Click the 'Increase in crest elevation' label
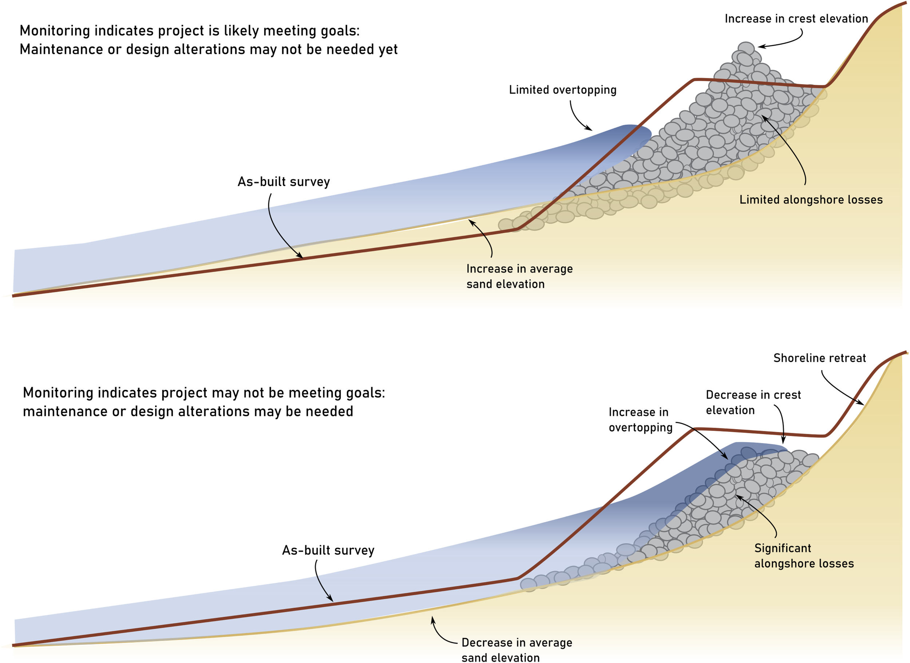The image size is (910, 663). click(796, 19)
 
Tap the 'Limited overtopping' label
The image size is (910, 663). click(562, 90)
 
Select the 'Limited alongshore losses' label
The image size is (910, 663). click(811, 200)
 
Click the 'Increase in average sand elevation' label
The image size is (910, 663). click(519, 276)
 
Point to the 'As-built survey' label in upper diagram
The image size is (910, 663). click(284, 182)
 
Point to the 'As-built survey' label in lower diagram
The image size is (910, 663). click(328, 550)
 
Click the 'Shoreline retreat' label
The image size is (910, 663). click(819, 358)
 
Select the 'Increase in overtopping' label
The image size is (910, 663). click(640, 420)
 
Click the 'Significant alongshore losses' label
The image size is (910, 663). click(804, 556)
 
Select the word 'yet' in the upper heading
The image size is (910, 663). click(388, 50)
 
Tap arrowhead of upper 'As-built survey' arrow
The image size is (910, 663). click(301, 257)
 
